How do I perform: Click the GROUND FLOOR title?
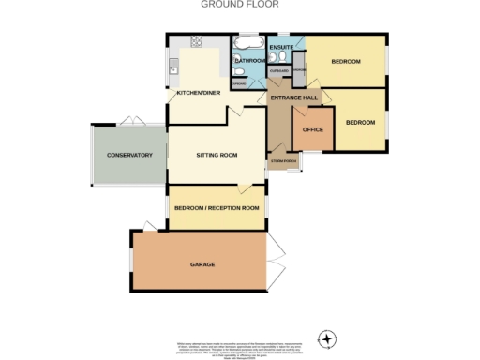click(x=239, y=5)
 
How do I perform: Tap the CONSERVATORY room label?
click(x=128, y=154)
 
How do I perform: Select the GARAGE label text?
click(x=202, y=265)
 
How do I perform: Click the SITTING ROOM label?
click(x=216, y=155)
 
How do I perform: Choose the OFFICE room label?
click(x=312, y=129)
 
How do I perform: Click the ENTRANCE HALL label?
click(x=295, y=98)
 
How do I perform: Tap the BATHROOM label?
click(x=250, y=62)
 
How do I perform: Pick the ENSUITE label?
click(x=280, y=46)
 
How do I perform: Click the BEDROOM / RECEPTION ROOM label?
click(x=216, y=208)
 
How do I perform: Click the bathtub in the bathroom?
click(x=248, y=44)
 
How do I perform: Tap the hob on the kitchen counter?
click(x=198, y=42)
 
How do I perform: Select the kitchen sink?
click(x=172, y=67)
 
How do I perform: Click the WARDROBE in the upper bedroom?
click(x=299, y=71)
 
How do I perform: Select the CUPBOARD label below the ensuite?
click(x=278, y=70)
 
